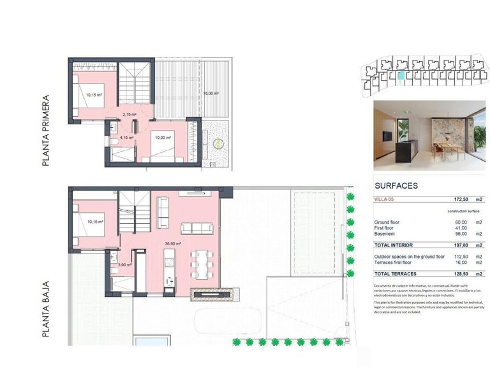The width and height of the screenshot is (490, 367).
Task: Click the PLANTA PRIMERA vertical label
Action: (45, 132)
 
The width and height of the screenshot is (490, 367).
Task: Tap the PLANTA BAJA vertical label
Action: (45, 303)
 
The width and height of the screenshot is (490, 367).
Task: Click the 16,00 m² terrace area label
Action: (211, 94)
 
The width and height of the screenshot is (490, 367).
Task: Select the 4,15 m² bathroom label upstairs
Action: (126, 137)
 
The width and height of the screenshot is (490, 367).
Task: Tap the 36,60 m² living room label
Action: (172, 243)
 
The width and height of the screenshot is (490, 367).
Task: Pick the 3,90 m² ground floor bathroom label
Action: (124, 264)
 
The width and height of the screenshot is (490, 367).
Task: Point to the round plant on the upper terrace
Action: (220, 143)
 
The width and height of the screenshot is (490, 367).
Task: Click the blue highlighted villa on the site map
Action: (401, 75)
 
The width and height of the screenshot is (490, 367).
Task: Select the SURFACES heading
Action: (396, 186)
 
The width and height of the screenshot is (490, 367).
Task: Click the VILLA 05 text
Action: (386, 200)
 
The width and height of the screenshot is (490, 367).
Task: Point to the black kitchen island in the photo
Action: (406, 150)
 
